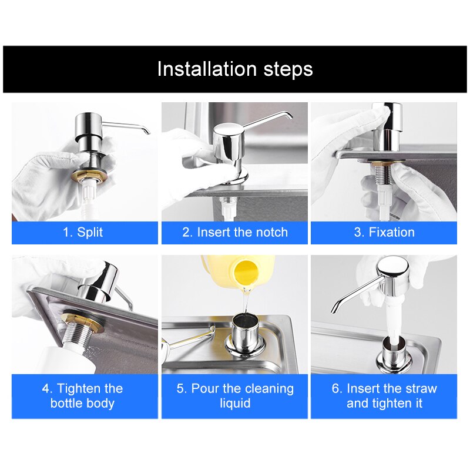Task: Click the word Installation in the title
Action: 207,69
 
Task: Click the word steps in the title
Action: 288,70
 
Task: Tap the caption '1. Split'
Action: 83,232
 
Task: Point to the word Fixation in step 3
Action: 391,232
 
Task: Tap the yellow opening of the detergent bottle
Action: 245,272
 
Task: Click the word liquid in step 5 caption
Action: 235,404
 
